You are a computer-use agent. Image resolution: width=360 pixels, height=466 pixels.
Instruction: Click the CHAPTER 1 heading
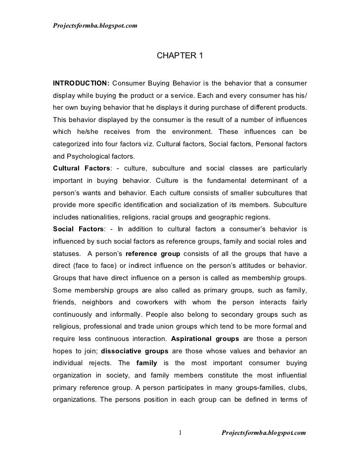(180, 55)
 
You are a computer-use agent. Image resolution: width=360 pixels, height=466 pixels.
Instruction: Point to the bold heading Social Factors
(75, 229)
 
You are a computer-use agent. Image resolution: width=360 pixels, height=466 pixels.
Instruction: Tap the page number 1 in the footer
(180, 433)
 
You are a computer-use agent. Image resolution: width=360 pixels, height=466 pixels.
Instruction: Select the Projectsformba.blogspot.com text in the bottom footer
(264, 433)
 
